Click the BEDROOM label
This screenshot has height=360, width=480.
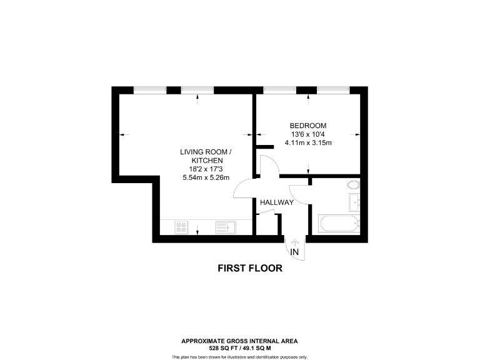(x=307, y=126)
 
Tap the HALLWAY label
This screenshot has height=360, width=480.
(x=276, y=202)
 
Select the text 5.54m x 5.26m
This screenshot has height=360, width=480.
(x=206, y=177)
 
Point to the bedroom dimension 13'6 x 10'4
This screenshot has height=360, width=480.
(x=307, y=134)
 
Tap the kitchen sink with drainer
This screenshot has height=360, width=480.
(x=223, y=227)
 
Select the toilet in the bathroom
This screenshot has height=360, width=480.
(x=354, y=185)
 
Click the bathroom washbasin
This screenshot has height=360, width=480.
(x=355, y=202)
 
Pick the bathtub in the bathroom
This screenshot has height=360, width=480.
(x=338, y=222)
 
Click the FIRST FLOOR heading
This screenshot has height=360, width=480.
(x=250, y=269)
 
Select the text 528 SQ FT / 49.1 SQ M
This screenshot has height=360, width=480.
(x=239, y=347)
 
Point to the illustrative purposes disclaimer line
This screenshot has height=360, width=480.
(x=239, y=356)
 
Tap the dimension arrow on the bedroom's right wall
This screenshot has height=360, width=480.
(x=357, y=134)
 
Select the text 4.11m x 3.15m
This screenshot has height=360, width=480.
(x=307, y=143)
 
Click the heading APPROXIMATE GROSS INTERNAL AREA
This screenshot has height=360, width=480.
(x=239, y=341)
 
